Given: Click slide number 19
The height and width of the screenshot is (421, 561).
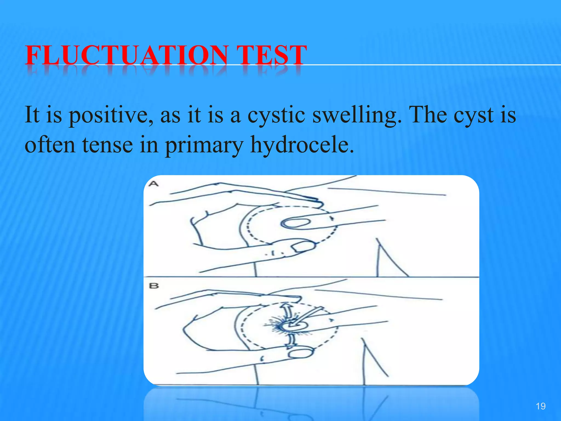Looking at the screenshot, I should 540,406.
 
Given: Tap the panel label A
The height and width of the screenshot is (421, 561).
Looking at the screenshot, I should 154,184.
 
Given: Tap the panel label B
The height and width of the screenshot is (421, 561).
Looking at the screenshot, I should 154,286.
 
